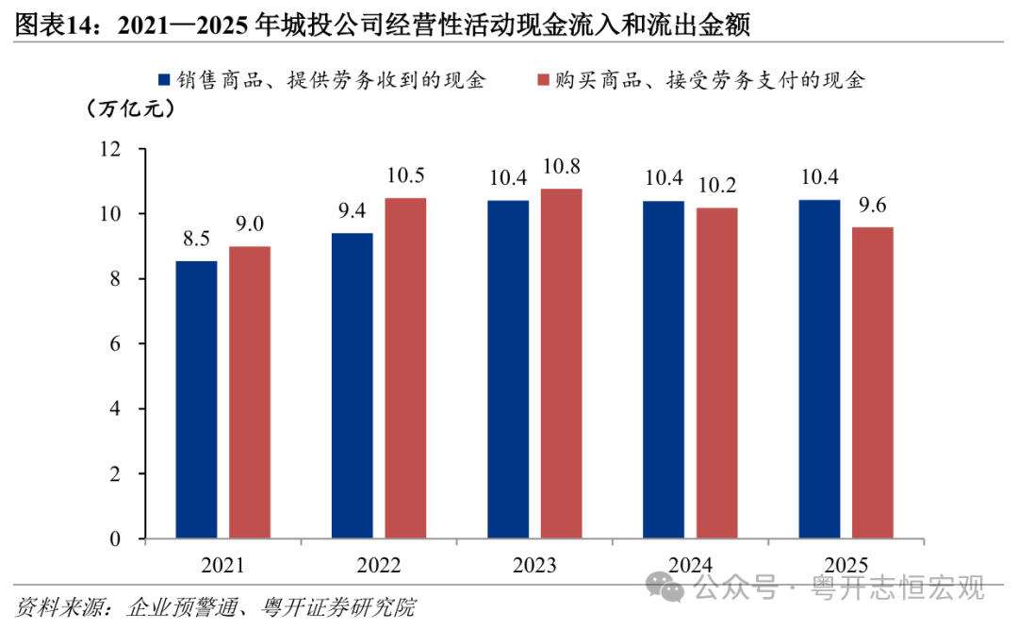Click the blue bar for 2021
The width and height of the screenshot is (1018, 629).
coord(197,400)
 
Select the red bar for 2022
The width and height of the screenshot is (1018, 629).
coord(405,369)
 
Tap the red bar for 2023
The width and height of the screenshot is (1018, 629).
coord(562,364)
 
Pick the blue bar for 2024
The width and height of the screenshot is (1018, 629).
coord(664,370)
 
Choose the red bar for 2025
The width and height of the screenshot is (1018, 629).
coord(873,383)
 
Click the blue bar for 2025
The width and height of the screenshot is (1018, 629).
coord(819,369)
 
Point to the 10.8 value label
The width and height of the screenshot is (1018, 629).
coord(562,167)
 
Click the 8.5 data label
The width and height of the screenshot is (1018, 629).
coord(196,240)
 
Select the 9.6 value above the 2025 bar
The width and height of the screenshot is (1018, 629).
coord(873,206)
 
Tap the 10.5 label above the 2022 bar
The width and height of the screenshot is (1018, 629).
coord(405,175)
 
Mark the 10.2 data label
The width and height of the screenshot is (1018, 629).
coord(717,186)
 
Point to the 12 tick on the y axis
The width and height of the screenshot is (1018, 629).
coord(109,149)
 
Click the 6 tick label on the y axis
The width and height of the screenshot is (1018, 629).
coord(115,344)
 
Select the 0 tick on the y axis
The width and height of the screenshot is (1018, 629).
coord(115,538)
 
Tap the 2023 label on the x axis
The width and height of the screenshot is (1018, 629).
coord(534,565)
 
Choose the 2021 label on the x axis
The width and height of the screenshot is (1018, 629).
coord(222,565)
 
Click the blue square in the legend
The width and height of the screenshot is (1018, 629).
coord(164,80)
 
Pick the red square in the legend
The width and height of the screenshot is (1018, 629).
coord(544,80)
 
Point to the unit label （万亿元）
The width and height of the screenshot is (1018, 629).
coord(130,108)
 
